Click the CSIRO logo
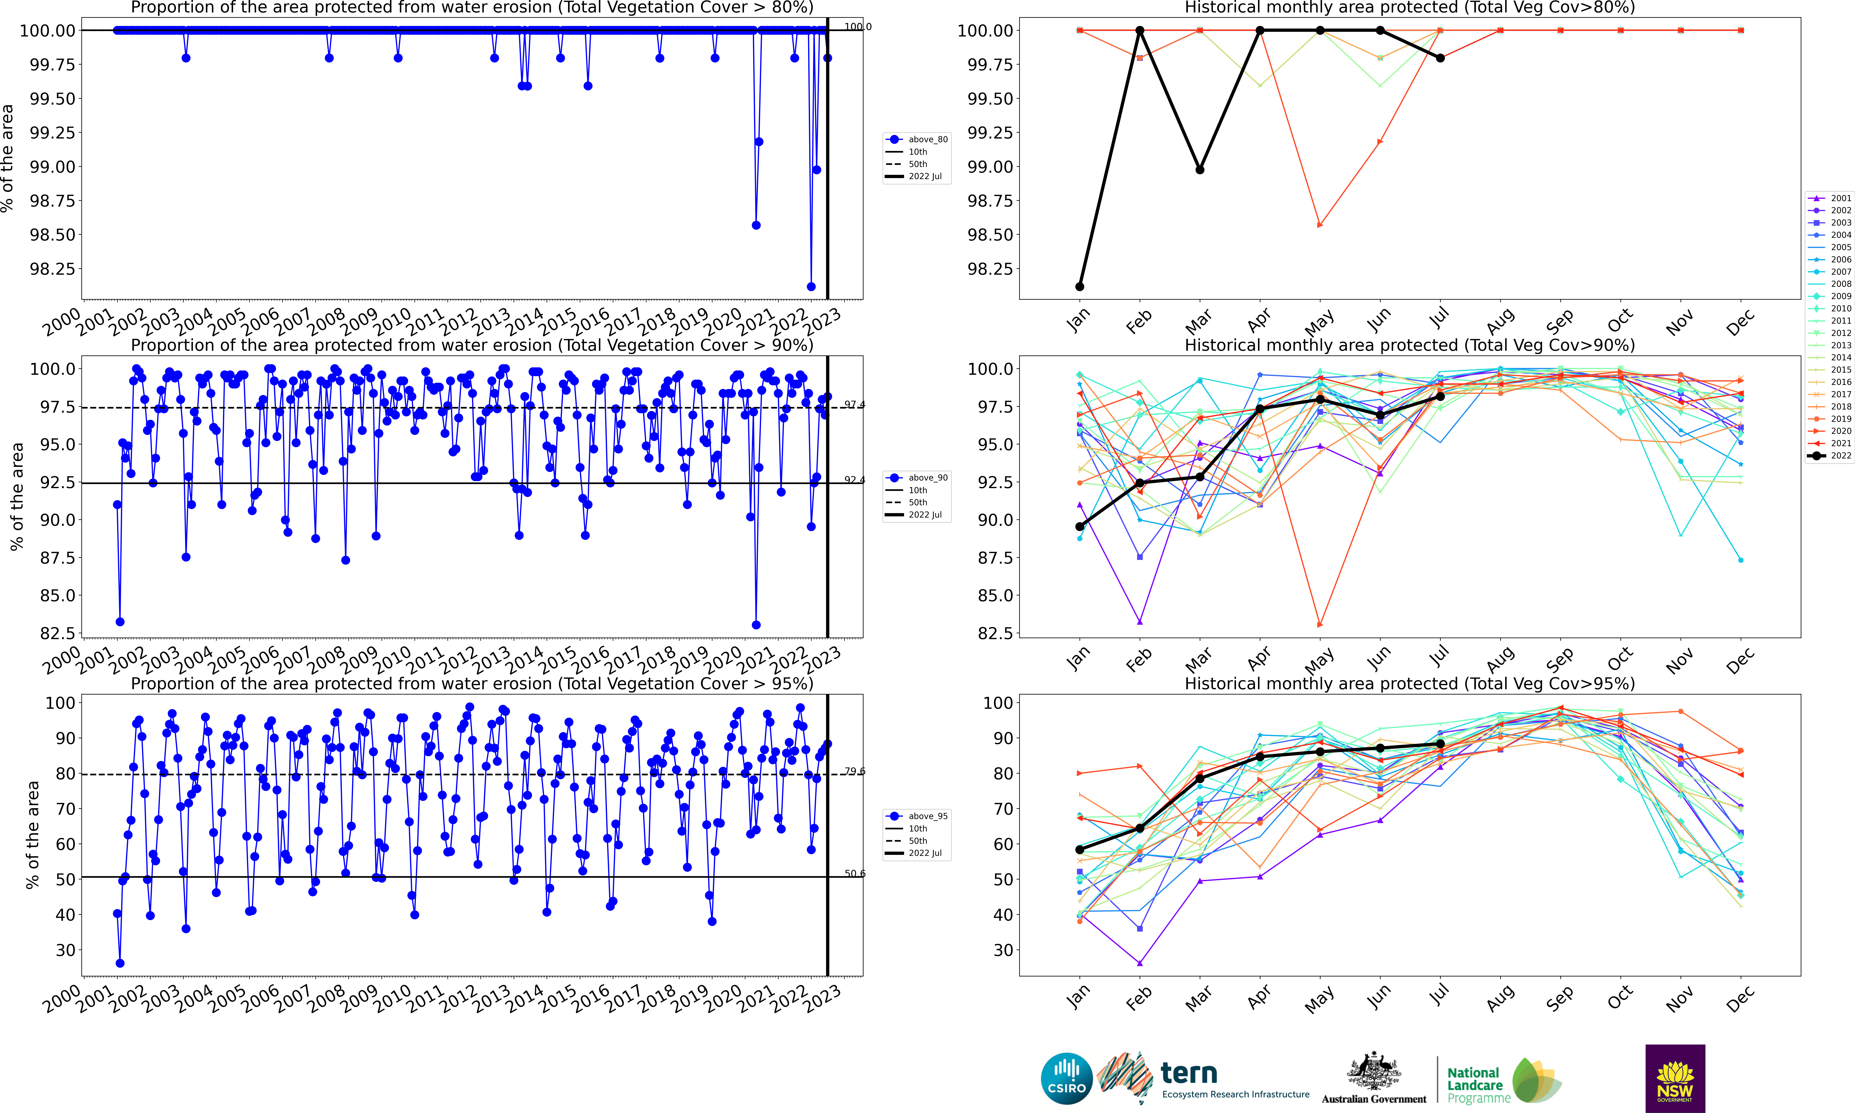coord(1066,1078)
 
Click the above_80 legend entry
coord(918,139)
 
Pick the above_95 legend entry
coord(918,816)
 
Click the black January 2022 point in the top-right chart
coord(1079,287)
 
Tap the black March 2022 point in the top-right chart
coord(1199,170)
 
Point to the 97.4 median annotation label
coord(854,405)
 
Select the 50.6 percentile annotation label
coord(854,874)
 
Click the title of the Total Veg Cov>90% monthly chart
coord(1409,346)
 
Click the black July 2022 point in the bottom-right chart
coord(1439,744)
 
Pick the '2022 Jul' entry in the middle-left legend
coord(918,514)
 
